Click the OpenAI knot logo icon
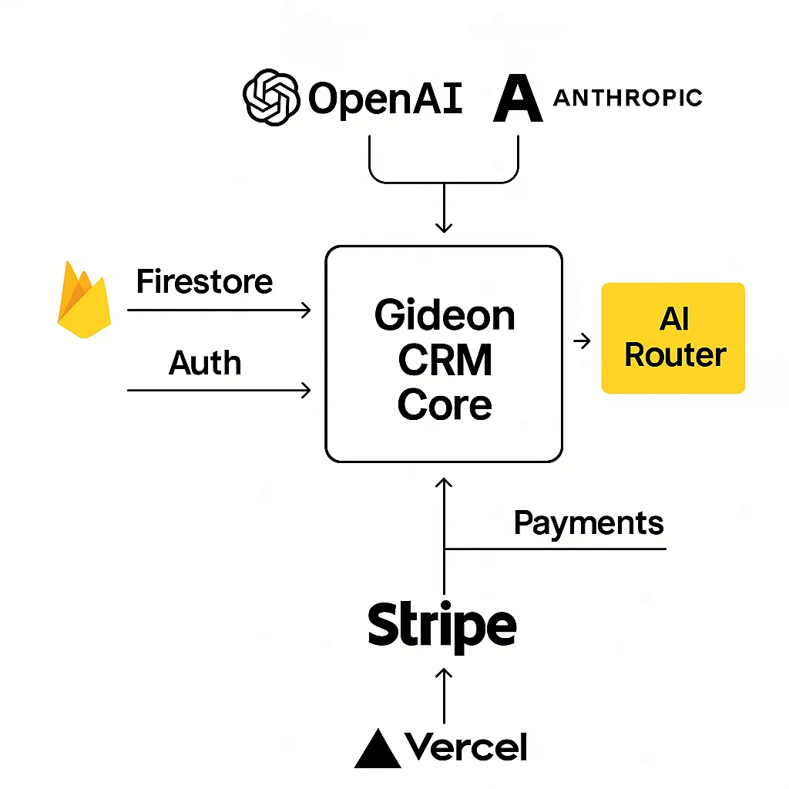point(270,99)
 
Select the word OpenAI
point(385,99)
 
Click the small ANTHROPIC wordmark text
point(627,98)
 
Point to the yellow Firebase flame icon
point(83,300)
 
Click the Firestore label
point(204,282)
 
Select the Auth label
point(204,362)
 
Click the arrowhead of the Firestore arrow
point(306,310)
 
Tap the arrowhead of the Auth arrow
point(306,391)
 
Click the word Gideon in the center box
point(445,316)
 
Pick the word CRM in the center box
point(445,361)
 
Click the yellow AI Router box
point(673,338)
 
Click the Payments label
point(588,523)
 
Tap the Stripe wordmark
point(442,626)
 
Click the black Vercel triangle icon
point(378,748)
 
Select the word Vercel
point(466,747)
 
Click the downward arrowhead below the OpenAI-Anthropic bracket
point(444,226)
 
